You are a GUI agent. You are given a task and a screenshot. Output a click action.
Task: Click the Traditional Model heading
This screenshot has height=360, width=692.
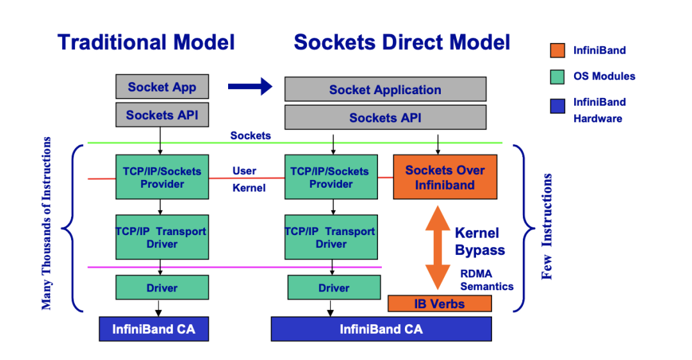tap(146, 42)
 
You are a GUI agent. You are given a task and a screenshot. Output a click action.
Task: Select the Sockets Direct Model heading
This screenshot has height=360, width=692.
tap(402, 42)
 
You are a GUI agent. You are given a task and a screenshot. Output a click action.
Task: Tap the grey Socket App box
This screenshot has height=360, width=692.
tap(161, 87)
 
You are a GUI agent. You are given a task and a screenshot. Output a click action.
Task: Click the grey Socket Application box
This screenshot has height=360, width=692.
tap(385, 90)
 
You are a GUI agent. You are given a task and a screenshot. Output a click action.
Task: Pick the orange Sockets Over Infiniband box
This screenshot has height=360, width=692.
tap(445, 177)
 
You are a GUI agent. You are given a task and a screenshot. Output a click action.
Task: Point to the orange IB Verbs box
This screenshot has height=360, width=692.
tap(440, 303)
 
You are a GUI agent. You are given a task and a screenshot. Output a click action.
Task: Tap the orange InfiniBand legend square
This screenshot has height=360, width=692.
tap(557, 50)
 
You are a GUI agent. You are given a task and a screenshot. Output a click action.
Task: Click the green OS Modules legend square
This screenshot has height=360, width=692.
tap(557, 76)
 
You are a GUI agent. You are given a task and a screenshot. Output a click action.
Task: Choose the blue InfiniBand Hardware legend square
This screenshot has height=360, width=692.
tap(557, 105)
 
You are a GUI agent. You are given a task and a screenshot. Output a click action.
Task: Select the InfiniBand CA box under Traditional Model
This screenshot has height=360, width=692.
tap(154, 329)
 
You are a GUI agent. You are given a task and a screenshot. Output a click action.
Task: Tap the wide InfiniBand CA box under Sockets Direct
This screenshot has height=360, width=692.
tap(381, 329)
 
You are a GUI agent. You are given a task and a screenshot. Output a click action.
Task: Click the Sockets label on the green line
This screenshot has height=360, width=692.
tap(251, 136)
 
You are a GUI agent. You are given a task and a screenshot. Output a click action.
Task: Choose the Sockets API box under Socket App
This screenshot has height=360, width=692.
tap(161, 115)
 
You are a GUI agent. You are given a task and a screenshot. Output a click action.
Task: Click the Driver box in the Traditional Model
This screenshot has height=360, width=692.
tap(161, 288)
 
